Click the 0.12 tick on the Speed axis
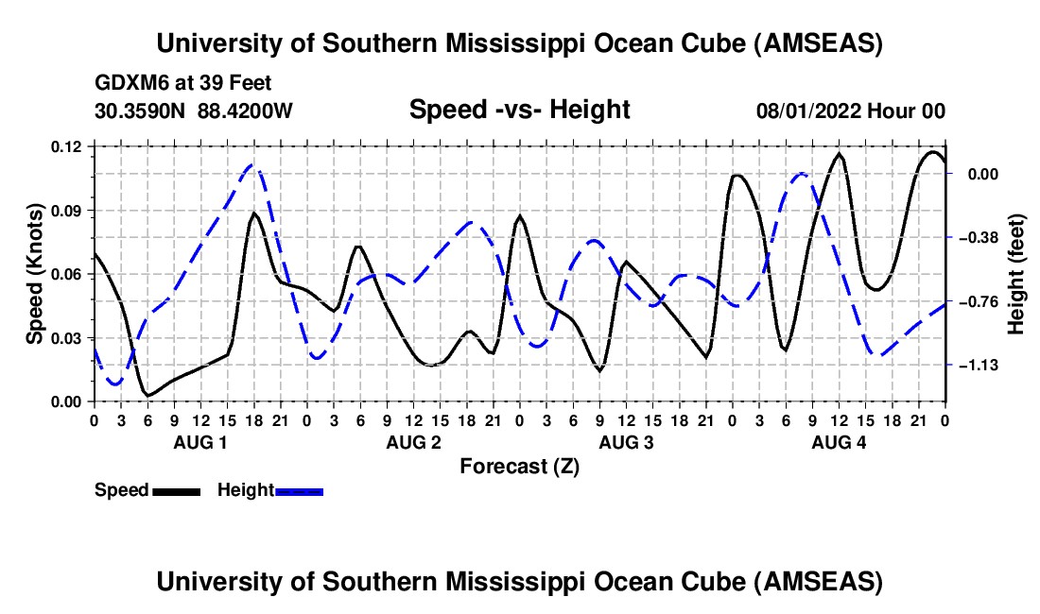(69, 146)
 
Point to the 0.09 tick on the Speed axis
(69, 210)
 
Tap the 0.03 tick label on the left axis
(69, 337)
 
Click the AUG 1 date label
(200, 442)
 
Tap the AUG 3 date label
(627, 442)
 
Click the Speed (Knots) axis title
(34, 274)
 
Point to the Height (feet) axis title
(1016, 274)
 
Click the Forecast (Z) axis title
(519, 466)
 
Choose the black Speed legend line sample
(177, 491)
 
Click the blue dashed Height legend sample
(300, 491)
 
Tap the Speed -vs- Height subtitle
(519, 110)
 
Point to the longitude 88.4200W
(246, 111)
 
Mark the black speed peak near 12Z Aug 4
(839, 153)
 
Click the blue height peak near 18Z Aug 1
(252, 165)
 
